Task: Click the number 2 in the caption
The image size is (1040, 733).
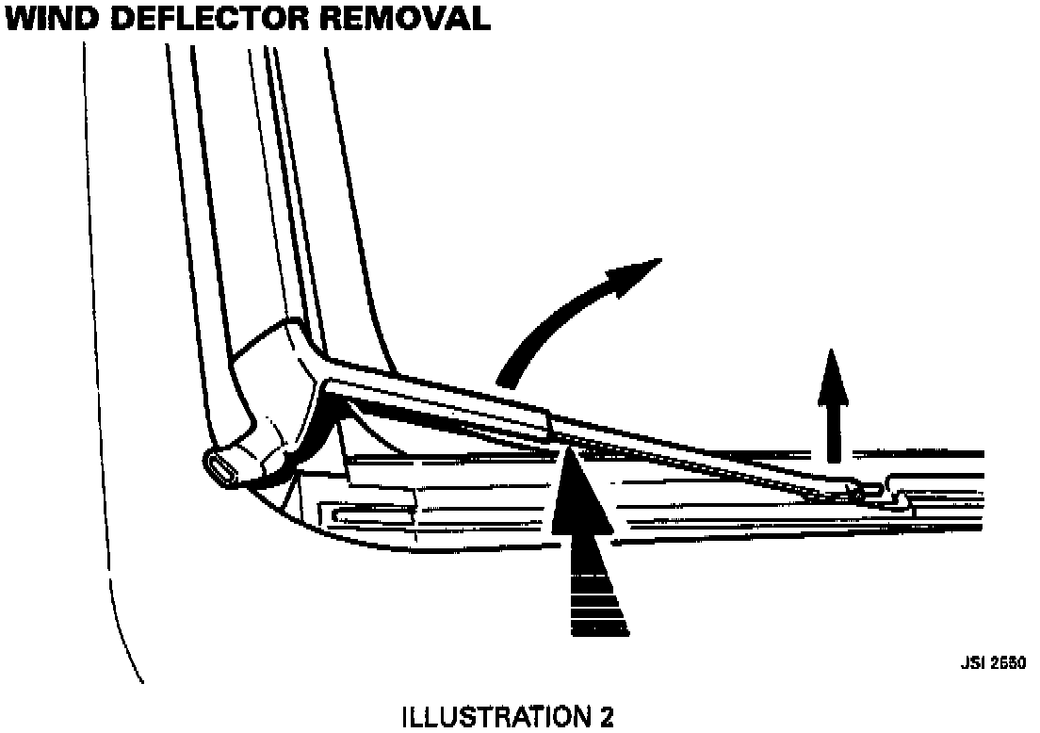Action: [606, 718]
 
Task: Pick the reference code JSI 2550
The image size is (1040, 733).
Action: [993, 662]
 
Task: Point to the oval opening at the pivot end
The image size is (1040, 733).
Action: [224, 469]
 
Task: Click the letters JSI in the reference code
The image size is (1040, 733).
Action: [972, 662]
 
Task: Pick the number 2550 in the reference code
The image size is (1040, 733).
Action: [1005, 662]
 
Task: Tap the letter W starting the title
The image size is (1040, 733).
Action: [24, 18]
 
